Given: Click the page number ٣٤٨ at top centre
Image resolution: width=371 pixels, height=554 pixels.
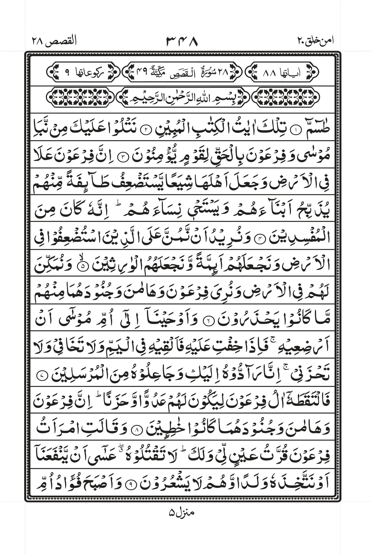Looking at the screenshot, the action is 182,41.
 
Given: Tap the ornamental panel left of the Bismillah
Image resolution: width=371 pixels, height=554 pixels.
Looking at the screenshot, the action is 80,97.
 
